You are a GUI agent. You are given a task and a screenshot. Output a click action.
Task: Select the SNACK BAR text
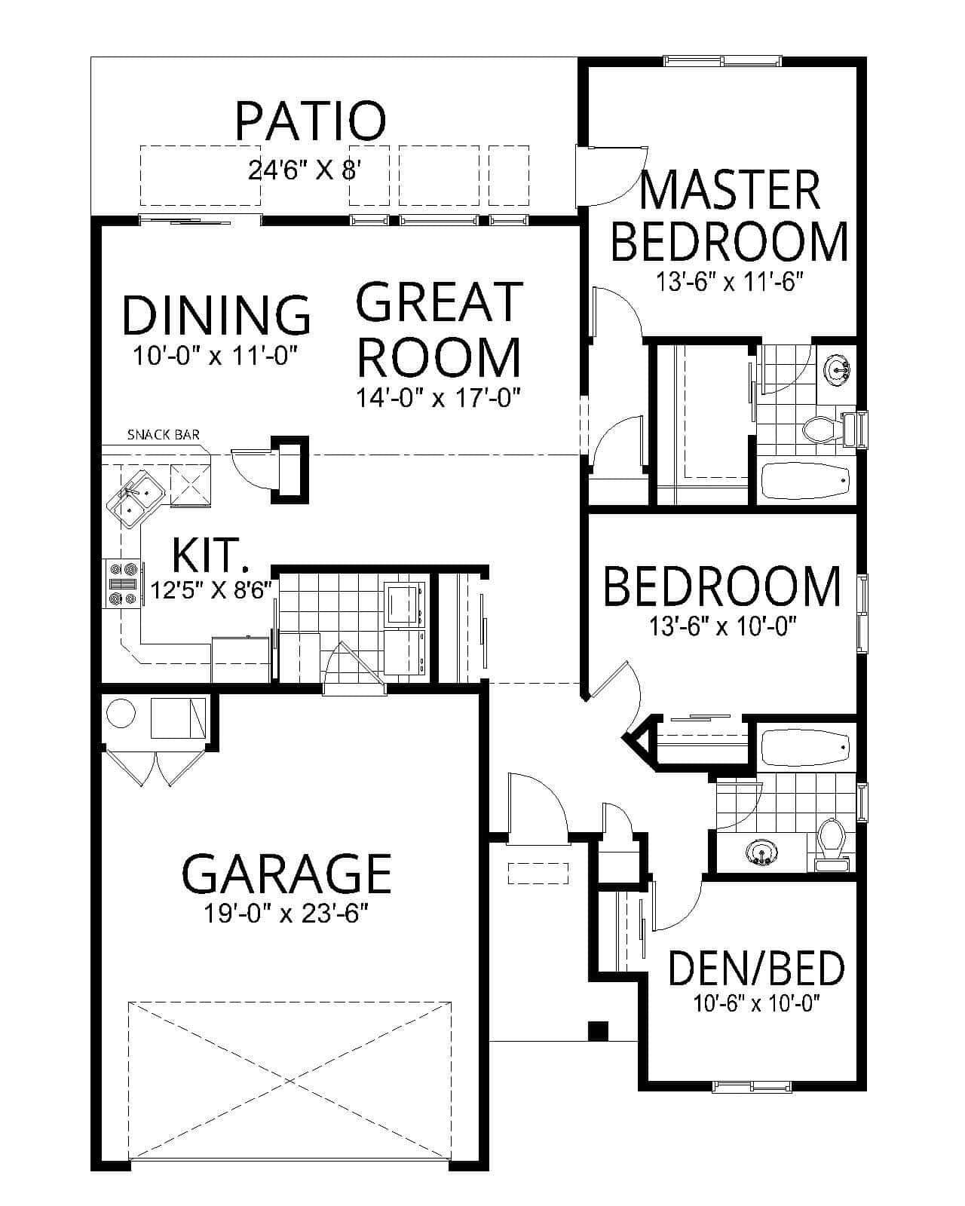point(163,434)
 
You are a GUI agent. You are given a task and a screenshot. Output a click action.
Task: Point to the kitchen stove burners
point(121,583)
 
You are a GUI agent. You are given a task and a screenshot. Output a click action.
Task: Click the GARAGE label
point(286,873)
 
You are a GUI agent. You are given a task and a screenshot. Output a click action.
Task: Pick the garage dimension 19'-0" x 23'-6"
point(286,914)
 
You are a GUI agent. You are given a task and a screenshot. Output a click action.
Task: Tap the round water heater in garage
point(121,713)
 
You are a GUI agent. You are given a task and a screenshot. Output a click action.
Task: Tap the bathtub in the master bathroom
point(805,480)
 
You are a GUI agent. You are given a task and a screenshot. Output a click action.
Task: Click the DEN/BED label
point(756,969)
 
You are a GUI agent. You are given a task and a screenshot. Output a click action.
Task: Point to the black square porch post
point(598,1030)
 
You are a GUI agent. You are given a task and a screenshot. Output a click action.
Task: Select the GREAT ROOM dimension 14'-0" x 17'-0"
point(440,397)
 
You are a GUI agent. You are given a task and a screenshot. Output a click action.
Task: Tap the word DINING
point(216,315)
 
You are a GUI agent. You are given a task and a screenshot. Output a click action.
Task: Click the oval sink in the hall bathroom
point(761,854)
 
